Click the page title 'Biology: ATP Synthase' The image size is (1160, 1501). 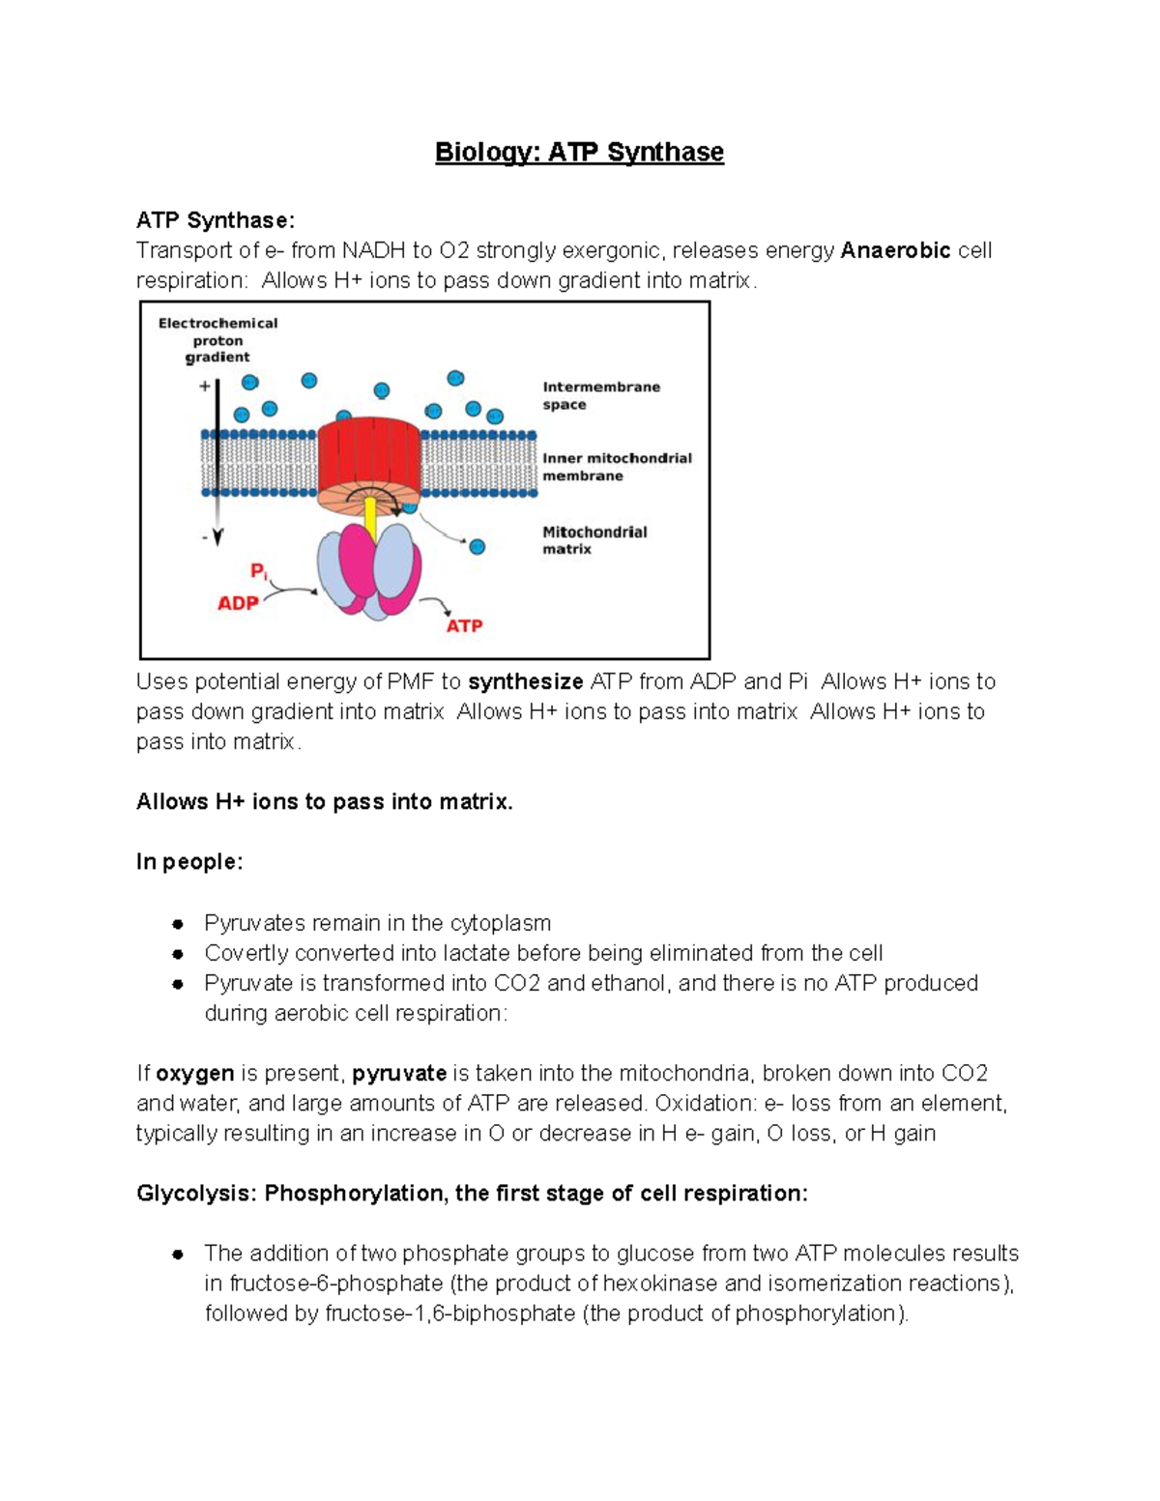point(579,153)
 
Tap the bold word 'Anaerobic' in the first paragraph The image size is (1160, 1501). point(895,251)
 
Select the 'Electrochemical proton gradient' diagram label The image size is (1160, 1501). point(217,340)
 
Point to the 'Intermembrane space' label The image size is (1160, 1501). point(600,395)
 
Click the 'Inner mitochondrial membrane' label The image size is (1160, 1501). point(617,467)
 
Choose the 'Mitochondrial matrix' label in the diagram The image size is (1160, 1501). point(594,540)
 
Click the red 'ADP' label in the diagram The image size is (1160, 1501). point(238,603)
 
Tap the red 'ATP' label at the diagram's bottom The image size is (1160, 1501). point(464,626)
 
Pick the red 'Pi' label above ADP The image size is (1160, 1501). point(258,571)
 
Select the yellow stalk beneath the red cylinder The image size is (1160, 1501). point(370,523)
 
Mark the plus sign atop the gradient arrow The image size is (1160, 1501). point(205,387)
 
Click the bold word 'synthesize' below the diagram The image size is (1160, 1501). point(525,682)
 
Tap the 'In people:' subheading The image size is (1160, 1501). point(189,862)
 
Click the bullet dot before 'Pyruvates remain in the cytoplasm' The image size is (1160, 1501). point(178,924)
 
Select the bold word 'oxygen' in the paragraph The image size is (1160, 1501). point(194,1074)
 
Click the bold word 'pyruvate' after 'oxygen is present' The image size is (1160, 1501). point(399,1074)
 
